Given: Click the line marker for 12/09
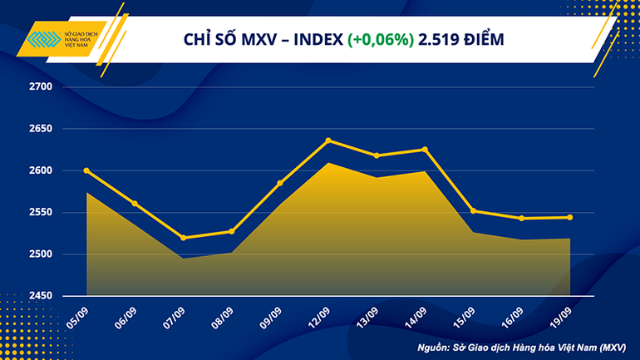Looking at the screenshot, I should click(x=328, y=141).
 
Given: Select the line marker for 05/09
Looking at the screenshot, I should click(x=86, y=170).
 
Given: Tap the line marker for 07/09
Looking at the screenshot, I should click(x=183, y=238).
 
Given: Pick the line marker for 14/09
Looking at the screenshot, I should click(x=425, y=150).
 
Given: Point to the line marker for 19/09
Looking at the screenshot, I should click(x=569, y=218).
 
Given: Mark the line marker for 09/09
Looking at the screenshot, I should click(x=280, y=183).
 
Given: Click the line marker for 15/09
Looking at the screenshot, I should click(x=473, y=211).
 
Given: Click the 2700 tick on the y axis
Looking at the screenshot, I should click(x=41, y=87).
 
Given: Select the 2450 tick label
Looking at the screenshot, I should click(x=41, y=296).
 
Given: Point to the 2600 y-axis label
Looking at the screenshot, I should click(x=41, y=170).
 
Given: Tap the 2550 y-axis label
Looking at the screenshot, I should click(x=41, y=213).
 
